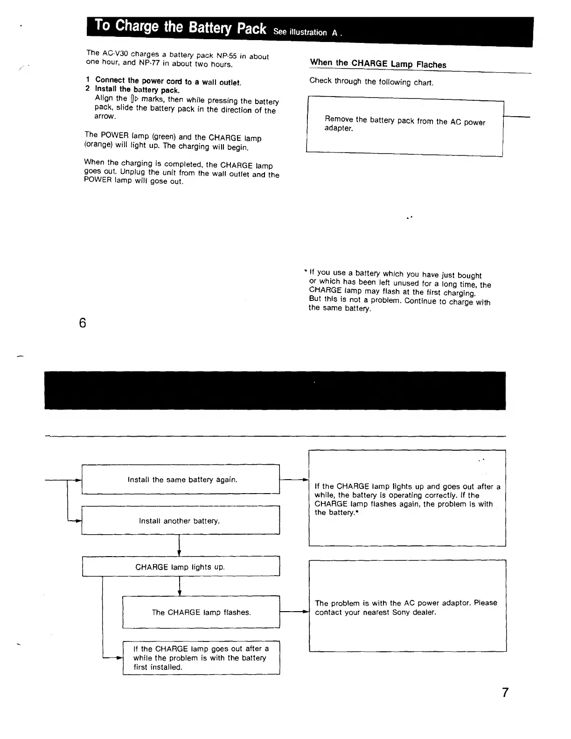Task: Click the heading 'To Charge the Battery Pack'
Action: (180, 27)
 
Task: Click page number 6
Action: (83, 323)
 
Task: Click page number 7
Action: (505, 692)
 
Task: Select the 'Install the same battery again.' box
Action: (181, 479)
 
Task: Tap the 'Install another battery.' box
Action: (181, 520)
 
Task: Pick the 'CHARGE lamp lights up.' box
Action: (181, 566)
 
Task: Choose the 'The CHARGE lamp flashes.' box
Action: (201, 612)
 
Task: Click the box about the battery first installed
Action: (201, 657)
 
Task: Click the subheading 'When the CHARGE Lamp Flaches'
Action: (378, 63)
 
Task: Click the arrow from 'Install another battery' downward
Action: (180, 545)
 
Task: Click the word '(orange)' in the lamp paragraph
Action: (98, 144)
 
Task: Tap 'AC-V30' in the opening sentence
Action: (115, 53)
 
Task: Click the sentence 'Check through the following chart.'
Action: (371, 82)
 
